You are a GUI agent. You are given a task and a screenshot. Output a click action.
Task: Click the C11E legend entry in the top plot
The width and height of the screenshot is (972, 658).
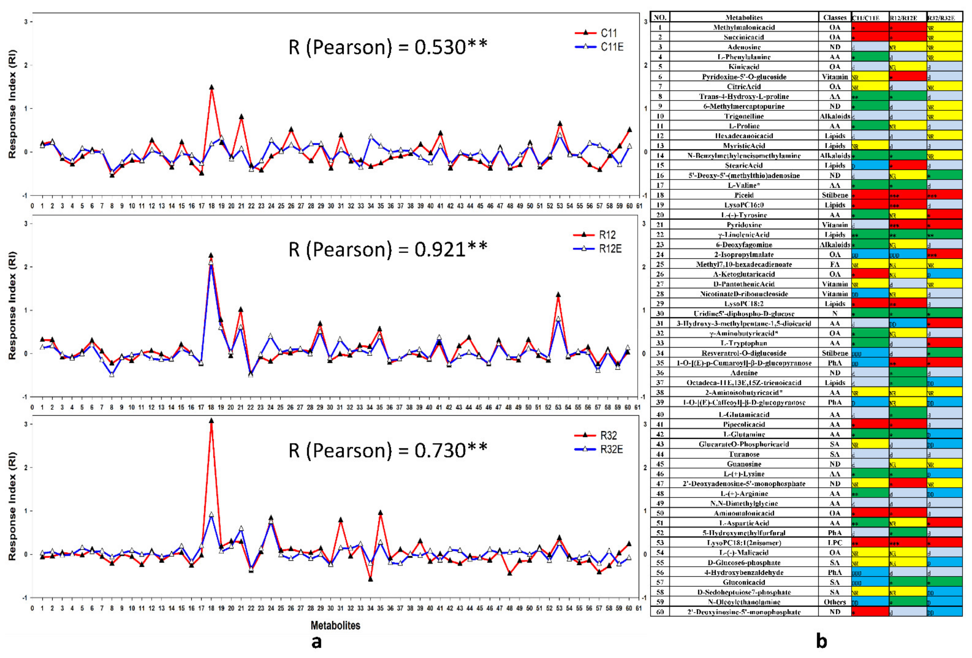(x=612, y=47)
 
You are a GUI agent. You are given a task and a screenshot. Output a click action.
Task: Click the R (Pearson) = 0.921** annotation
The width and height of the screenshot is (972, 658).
(x=388, y=250)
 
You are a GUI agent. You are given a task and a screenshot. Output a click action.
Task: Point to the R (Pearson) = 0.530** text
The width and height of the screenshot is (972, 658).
(x=388, y=47)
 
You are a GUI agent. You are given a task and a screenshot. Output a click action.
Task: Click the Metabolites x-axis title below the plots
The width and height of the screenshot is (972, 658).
(x=335, y=625)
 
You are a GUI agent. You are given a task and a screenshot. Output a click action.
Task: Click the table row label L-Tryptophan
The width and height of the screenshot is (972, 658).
(x=744, y=343)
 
